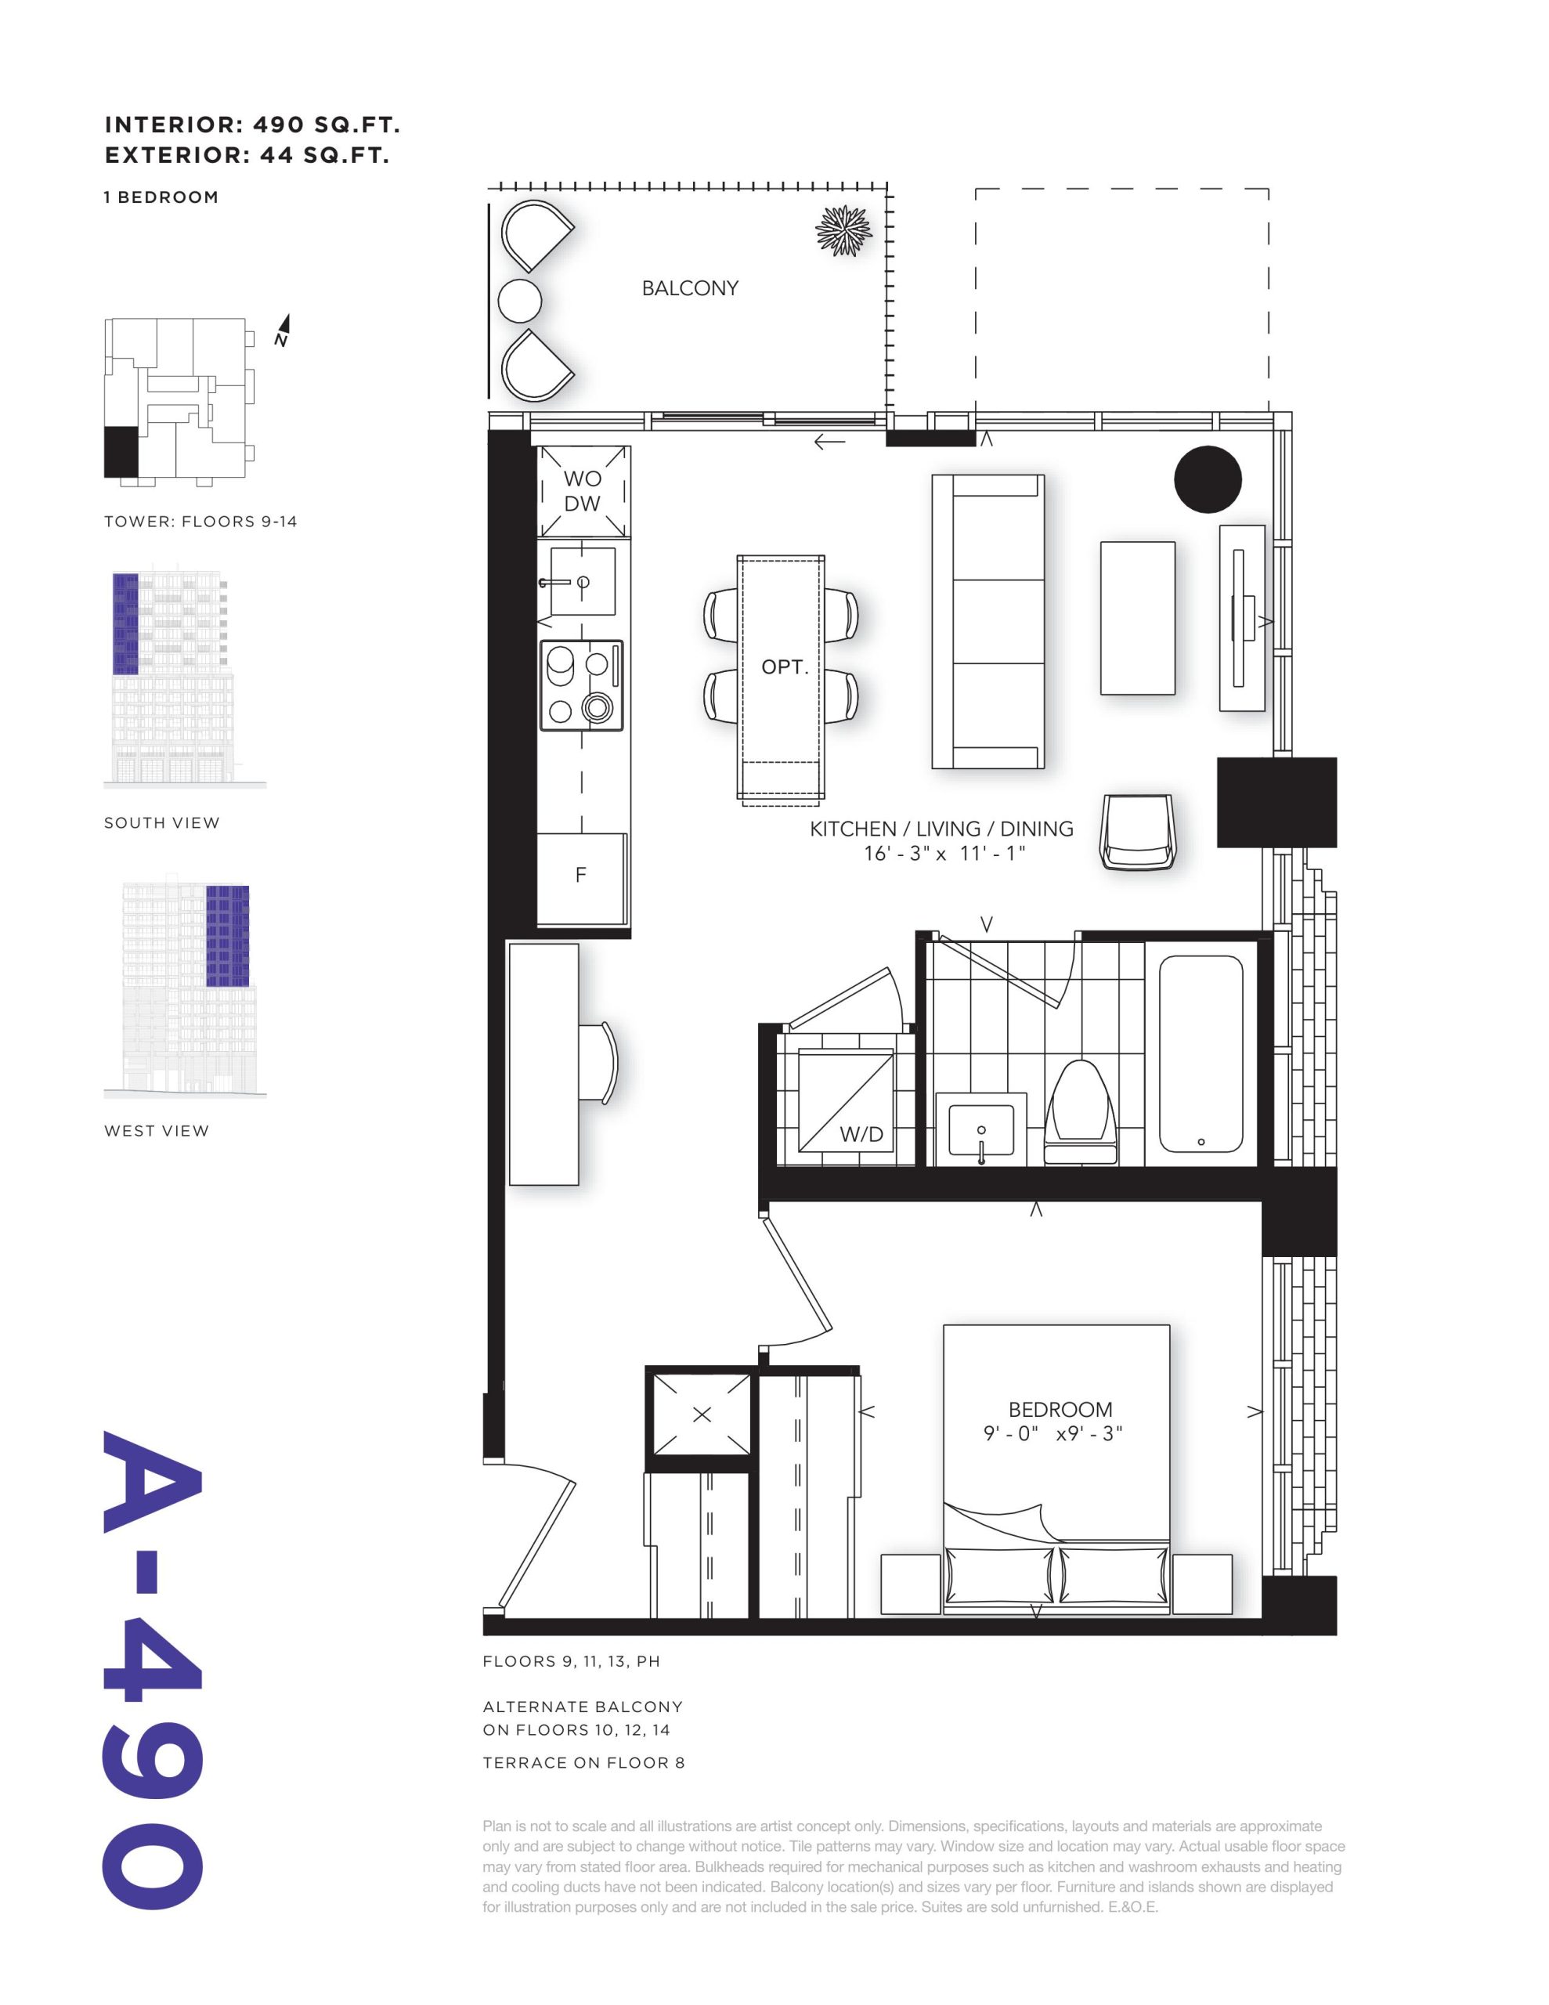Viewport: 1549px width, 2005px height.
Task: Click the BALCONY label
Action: pyautogui.click(x=690, y=288)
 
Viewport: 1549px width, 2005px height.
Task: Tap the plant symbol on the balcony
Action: pyautogui.click(x=843, y=229)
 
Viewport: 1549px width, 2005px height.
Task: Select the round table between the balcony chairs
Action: pyautogui.click(x=520, y=301)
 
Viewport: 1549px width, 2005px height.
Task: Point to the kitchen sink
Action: pyautogui.click(x=582, y=581)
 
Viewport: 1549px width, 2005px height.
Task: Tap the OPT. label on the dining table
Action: pyautogui.click(x=784, y=667)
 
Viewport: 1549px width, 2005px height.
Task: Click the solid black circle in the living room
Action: pyautogui.click(x=1208, y=479)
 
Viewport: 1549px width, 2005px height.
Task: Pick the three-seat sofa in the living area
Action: pyautogui.click(x=988, y=622)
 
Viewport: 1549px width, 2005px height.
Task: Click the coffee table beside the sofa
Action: pyautogui.click(x=1138, y=618)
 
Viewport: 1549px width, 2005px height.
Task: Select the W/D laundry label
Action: pyautogui.click(x=861, y=1135)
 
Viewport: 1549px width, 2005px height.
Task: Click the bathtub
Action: pyautogui.click(x=1201, y=1054)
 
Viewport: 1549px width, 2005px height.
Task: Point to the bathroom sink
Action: pyautogui.click(x=980, y=1129)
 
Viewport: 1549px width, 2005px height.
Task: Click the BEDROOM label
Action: pyautogui.click(x=1060, y=1409)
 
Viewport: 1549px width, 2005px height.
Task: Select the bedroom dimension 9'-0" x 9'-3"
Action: pyautogui.click(x=1053, y=1434)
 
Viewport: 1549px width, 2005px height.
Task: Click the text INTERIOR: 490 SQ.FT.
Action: pyautogui.click(x=252, y=125)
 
